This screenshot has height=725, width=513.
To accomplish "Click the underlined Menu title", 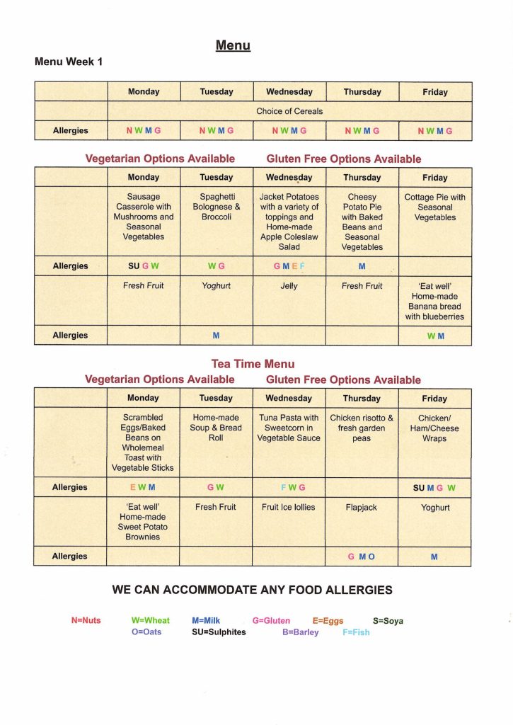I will coord(233,46).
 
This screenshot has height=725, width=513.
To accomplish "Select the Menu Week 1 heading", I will coord(69,62).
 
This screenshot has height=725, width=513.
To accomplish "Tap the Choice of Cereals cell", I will coord(289,111).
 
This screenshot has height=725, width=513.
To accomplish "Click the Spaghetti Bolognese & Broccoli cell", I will coord(216,207).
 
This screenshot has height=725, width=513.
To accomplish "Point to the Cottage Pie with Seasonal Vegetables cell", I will coord(434,207).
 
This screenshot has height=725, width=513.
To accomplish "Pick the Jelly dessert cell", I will coord(289,287).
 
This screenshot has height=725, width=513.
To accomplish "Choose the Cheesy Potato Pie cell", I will coord(362,222).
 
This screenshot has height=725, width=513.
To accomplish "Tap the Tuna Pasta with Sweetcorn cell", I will coord(289,428).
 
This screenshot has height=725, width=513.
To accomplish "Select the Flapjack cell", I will coord(361,508).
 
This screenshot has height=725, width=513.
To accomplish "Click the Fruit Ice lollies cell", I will coord(289,508).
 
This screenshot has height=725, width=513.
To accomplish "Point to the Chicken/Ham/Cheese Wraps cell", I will coord(434,428).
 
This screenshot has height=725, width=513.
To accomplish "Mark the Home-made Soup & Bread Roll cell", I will coord(216,428).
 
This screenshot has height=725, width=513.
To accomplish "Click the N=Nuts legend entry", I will coord(86,621).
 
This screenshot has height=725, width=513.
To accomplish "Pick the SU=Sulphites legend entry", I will coord(219,632).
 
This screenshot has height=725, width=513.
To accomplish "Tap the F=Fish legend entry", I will coord(356,632).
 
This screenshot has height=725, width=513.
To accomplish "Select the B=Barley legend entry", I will coord(300,632).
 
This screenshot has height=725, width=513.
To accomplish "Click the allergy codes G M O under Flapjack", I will coord(361,557).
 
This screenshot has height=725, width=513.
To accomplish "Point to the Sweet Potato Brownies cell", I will coord(143,522).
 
